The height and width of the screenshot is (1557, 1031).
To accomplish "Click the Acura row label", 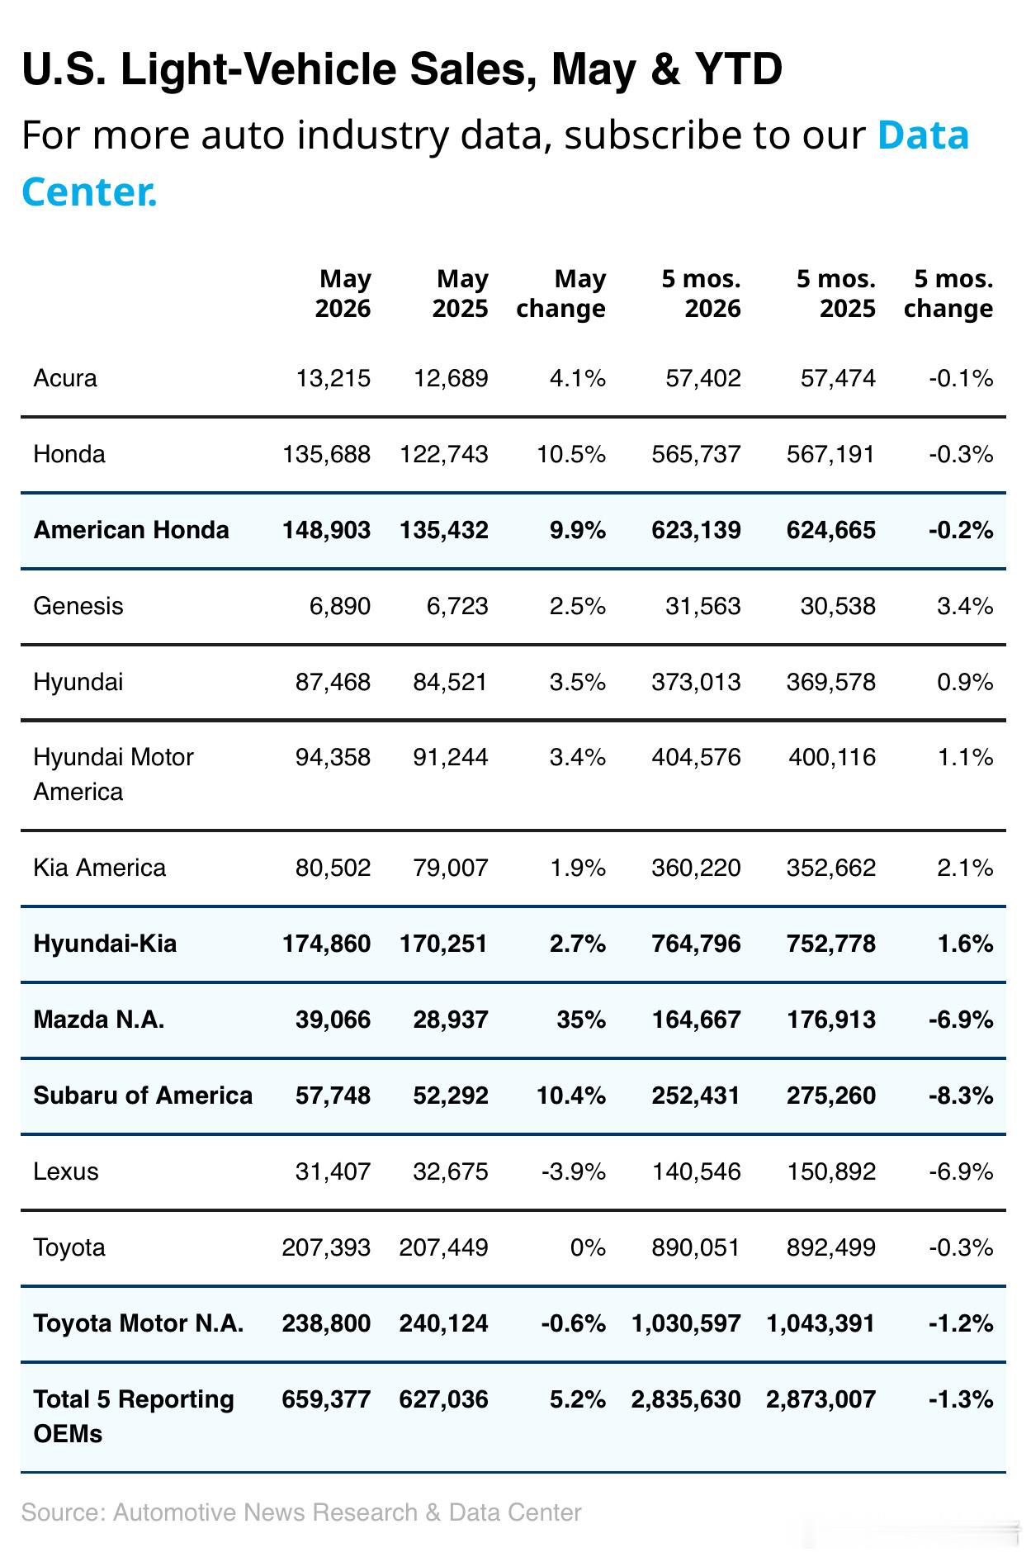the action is [x=65, y=378].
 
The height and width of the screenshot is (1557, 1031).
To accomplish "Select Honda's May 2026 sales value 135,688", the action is [x=326, y=454].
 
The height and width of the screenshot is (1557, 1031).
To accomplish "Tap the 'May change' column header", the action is [x=560, y=293].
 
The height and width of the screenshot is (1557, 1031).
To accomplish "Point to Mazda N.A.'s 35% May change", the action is [x=581, y=1020].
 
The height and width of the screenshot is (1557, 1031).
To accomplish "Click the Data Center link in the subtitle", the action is [x=495, y=163].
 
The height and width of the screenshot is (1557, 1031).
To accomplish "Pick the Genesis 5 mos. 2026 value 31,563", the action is [x=702, y=606].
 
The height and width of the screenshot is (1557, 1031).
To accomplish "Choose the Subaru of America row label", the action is [x=143, y=1096].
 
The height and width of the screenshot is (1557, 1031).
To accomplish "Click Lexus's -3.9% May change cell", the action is [x=574, y=1171].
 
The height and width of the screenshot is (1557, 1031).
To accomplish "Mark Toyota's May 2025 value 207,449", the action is [x=444, y=1247].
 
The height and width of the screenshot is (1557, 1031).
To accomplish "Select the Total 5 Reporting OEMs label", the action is [x=134, y=1416].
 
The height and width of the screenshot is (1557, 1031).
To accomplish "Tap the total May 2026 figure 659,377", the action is [x=326, y=1399].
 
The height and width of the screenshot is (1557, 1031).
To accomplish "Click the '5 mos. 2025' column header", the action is [x=835, y=293].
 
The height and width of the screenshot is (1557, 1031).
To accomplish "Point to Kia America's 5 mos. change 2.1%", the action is [x=965, y=868].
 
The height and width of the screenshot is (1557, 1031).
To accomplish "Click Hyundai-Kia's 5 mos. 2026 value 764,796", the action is [x=696, y=944].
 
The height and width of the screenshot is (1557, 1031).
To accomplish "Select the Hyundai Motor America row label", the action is [x=114, y=774].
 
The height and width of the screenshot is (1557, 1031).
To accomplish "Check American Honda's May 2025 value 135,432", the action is [x=444, y=530].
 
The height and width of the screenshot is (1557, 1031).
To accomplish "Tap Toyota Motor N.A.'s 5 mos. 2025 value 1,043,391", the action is [x=821, y=1323].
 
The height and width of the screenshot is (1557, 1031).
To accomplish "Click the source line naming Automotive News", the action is [x=301, y=1512].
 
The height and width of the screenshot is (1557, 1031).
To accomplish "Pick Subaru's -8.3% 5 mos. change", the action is [x=961, y=1096].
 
